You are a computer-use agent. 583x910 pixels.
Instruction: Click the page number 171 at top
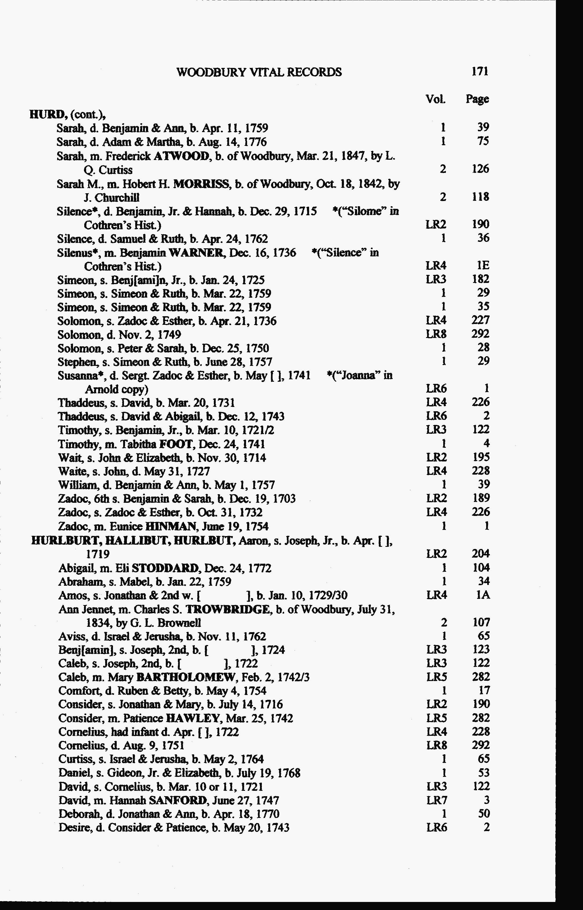(480, 72)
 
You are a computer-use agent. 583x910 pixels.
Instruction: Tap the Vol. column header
(435, 99)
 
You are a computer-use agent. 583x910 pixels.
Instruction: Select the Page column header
(477, 99)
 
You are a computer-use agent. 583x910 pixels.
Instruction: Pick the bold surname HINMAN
(169, 526)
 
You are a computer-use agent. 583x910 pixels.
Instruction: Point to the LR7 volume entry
(437, 800)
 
